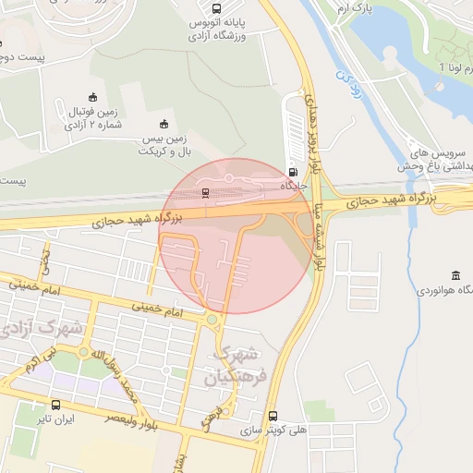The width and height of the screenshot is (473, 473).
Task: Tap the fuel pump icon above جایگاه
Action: click(293, 171)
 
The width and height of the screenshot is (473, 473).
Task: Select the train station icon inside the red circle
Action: click(205, 192)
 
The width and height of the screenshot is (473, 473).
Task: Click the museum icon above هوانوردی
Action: click(456, 276)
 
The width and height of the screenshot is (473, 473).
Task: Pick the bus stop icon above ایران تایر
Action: click(57, 405)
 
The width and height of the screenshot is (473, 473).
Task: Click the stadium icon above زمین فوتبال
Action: click(91, 97)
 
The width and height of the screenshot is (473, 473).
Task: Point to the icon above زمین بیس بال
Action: click(164, 124)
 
